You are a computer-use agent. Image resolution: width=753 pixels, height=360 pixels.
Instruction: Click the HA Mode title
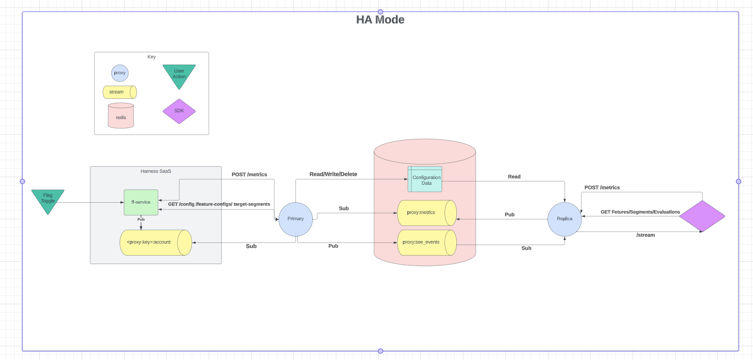tap(380, 20)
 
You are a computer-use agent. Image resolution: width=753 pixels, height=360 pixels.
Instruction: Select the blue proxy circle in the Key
tap(120, 73)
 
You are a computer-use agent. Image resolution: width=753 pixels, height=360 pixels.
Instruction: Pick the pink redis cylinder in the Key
tap(121, 116)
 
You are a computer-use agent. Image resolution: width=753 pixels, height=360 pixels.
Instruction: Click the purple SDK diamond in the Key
tap(179, 111)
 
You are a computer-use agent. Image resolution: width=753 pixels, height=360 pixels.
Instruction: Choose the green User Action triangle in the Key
tap(179, 74)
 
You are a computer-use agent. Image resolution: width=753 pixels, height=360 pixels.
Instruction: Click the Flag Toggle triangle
tap(48, 198)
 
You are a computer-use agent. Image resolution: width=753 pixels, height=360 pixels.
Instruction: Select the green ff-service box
tap(141, 202)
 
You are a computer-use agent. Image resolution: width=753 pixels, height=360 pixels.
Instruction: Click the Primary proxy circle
tap(296, 219)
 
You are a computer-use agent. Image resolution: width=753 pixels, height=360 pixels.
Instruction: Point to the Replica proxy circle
tap(565, 219)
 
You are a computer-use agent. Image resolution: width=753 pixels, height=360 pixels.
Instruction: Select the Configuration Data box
tap(425, 180)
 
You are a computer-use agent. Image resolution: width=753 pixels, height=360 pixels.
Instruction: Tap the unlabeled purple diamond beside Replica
tap(702, 216)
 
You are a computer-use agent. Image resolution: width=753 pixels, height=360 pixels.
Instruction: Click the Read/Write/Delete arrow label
tap(333, 174)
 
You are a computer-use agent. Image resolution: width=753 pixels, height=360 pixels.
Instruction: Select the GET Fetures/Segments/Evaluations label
tap(640, 212)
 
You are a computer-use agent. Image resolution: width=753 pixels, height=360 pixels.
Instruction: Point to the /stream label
tap(645, 235)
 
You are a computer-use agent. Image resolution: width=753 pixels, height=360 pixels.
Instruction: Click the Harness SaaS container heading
tap(156, 171)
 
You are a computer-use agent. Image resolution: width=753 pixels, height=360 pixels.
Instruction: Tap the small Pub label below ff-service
tap(141, 220)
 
